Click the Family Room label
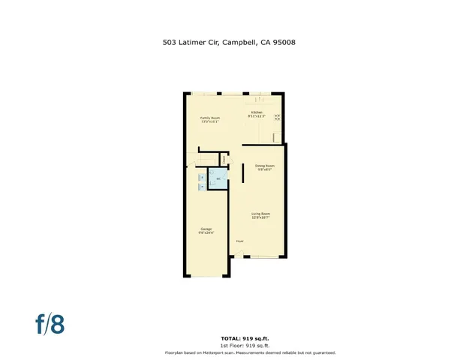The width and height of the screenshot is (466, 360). point(209,119)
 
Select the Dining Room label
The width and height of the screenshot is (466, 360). point(264,166)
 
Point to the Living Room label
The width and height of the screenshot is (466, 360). point(260,215)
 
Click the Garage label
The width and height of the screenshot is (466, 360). point(206,230)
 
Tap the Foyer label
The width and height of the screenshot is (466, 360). point(240,241)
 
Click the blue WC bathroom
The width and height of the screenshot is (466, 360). point(218,178)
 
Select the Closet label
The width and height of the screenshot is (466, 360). point(224,159)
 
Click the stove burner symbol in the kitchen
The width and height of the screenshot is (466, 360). point(277,117)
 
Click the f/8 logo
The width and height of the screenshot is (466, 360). point(50,323)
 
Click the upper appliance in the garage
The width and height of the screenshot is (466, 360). point(201,177)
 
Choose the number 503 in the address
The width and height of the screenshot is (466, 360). point(170,43)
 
